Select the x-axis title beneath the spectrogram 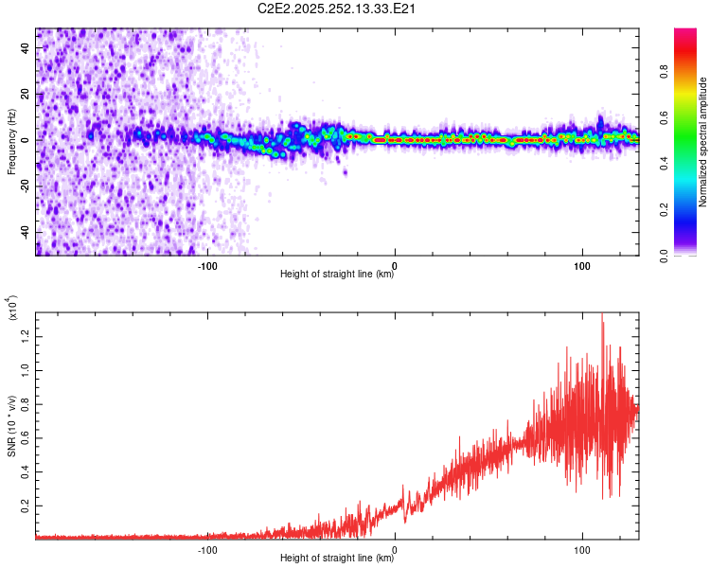[337, 275]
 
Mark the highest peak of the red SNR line [602, 315]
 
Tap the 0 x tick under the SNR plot [395, 548]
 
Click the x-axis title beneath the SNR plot [337, 559]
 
